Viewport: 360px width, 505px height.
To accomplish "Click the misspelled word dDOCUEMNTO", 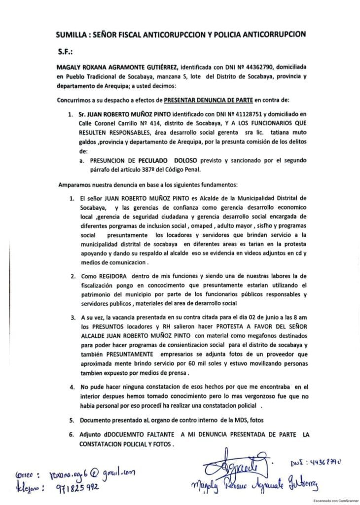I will pos(131,434).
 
